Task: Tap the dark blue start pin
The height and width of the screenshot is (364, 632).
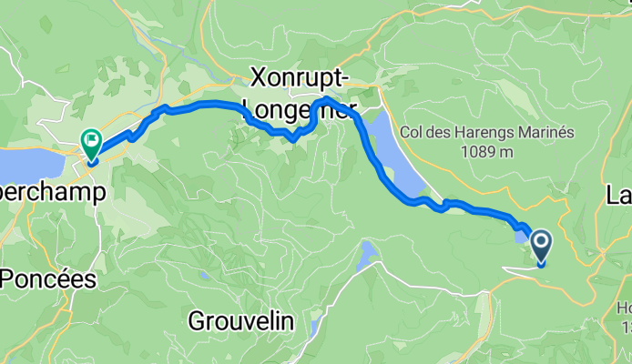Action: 541,243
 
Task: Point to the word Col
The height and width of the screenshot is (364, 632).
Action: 414,132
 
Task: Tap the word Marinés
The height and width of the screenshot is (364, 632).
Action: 546,132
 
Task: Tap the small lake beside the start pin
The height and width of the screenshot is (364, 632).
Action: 520,237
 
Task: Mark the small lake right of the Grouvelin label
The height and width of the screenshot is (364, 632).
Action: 314,325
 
